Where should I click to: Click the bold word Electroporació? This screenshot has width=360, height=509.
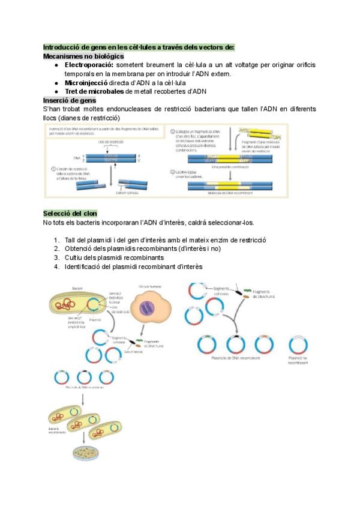click(89, 65)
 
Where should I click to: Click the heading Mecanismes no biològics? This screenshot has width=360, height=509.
click(83, 56)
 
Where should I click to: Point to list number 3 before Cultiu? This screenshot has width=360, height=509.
click(56, 258)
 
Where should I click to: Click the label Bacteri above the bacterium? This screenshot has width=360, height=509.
click(77, 288)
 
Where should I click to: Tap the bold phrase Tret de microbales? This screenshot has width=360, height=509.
click(94, 91)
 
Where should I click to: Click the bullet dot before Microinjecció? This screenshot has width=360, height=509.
click(56, 82)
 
